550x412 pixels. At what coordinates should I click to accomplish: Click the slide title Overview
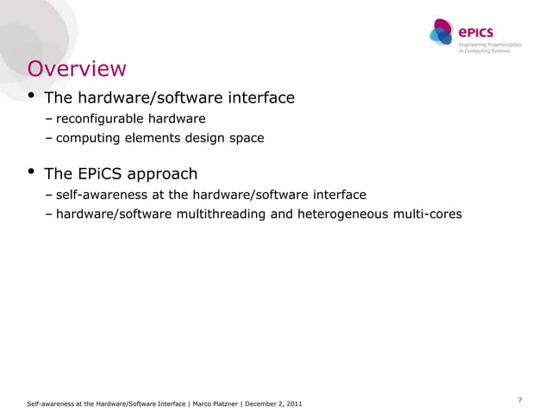click(x=77, y=68)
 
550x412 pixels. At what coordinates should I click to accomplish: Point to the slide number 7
click(x=520, y=399)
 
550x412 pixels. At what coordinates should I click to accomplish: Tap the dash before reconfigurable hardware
click(x=50, y=118)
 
